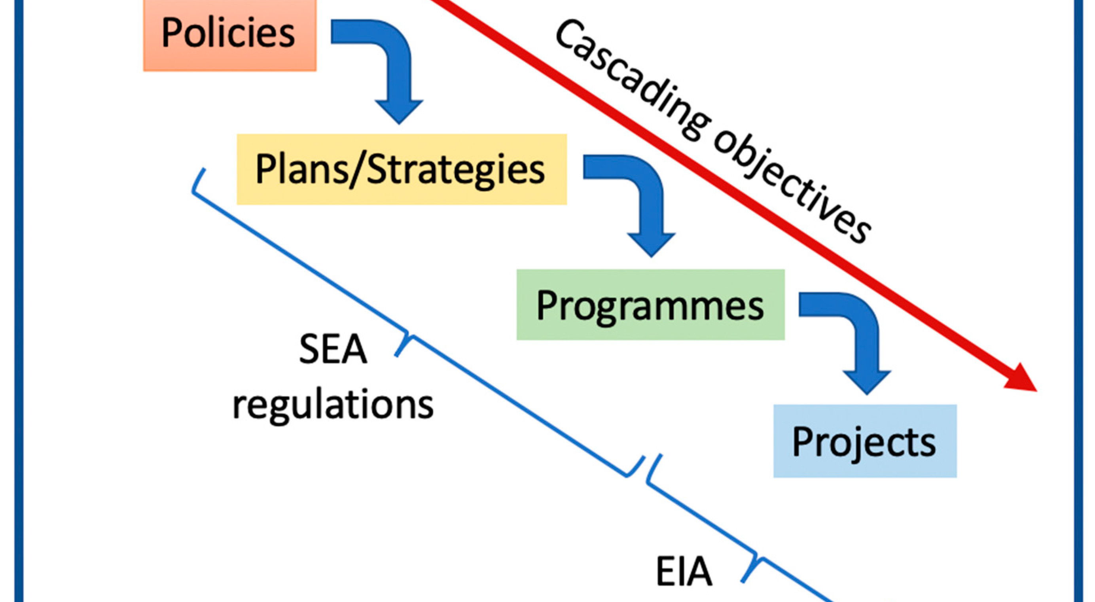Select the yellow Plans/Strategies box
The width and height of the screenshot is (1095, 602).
402,169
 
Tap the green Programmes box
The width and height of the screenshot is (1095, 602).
650,305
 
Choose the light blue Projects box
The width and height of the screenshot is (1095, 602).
865,441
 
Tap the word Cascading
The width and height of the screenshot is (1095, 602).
633,81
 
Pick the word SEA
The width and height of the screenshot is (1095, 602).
333,350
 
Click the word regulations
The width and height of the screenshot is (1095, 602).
333,406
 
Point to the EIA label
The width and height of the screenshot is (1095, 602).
684,572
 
